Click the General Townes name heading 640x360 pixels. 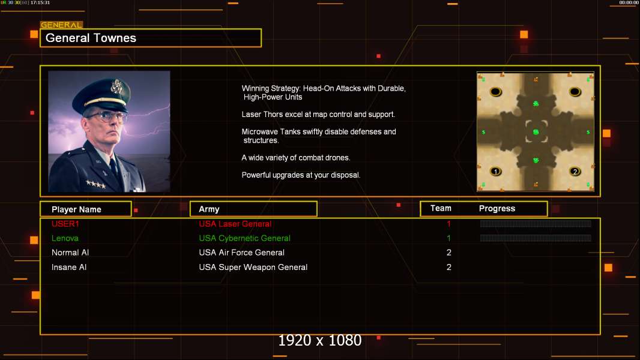(x=91, y=38)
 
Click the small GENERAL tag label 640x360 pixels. (x=61, y=25)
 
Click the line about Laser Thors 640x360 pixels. (x=318, y=114)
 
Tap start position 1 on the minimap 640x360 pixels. (x=496, y=172)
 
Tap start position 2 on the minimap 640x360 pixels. (x=575, y=172)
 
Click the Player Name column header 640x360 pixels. (x=76, y=209)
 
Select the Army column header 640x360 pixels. (x=209, y=209)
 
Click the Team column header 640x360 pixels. (x=441, y=208)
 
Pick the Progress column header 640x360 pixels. (x=497, y=209)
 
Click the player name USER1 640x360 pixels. (x=65, y=224)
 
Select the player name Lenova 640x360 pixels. (x=65, y=238)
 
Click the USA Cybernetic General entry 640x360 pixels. (x=244, y=238)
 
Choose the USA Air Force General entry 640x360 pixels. (x=241, y=253)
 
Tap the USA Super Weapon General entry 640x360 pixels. (x=253, y=267)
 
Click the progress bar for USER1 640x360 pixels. (x=536, y=224)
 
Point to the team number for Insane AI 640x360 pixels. (x=448, y=267)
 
